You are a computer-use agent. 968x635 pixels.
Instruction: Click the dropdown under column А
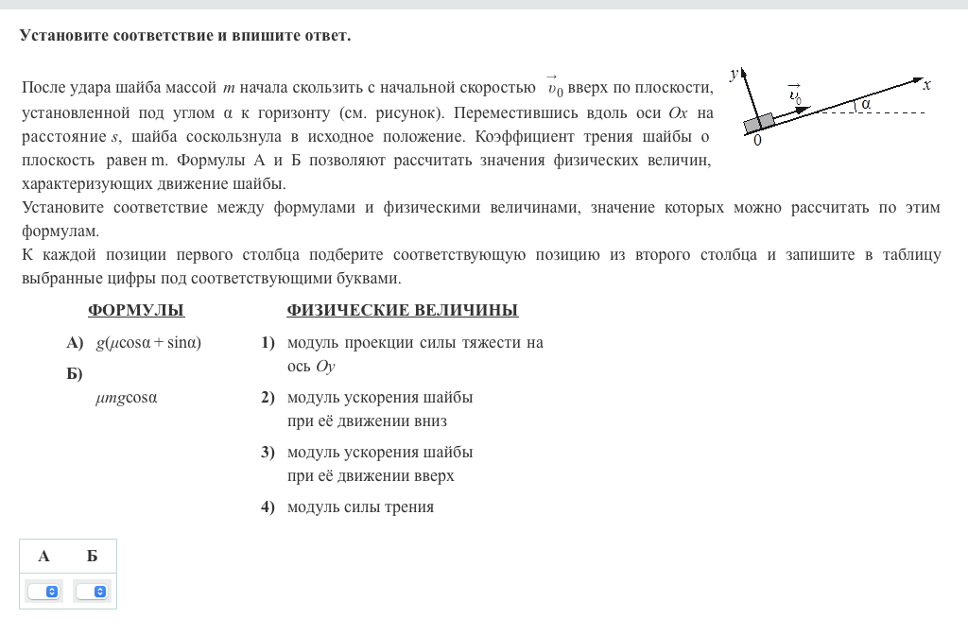coord(44,592)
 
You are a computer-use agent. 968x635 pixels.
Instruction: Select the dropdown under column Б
coord(92,592)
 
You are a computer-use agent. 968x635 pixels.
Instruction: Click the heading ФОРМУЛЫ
coord(135,311)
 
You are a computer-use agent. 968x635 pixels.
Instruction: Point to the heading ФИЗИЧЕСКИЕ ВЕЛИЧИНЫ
coord(402,311)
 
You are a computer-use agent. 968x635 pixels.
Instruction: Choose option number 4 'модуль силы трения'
coord(360,506)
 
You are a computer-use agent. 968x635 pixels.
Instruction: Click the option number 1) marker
coord(268,342)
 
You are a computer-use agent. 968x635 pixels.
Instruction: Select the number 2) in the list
coord(268,397)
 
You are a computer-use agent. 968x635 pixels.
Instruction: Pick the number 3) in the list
coord(268,452)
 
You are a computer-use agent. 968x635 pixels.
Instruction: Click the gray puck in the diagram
coord(759,122)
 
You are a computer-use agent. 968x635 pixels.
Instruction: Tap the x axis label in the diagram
coord(927,85)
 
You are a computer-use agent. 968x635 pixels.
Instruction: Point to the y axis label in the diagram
coord(734,72)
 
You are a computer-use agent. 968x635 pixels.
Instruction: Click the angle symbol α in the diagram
coord(865,105)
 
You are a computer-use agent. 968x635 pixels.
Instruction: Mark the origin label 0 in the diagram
coord(757,141)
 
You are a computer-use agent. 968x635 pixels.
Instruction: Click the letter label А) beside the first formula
coord(75,342)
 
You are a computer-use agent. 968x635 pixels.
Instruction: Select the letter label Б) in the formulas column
coord(75,374)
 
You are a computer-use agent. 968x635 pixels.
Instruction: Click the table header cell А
coord(44,556)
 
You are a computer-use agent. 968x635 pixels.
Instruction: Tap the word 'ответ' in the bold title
coord(326,36)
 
